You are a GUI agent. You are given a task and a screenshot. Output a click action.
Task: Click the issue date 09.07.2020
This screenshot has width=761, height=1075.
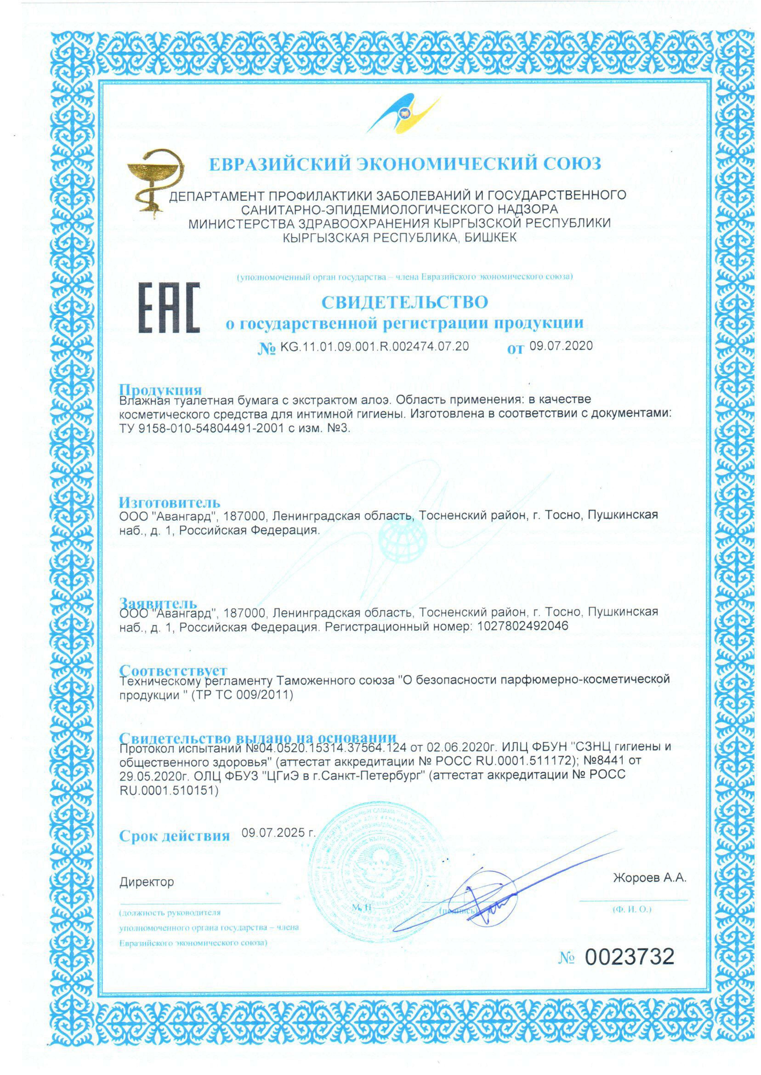tap(561, 346)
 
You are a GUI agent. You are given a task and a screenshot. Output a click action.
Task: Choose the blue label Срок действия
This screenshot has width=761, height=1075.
tap(174, 836)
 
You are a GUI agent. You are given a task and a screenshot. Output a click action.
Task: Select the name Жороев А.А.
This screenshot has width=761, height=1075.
tap(650, 878)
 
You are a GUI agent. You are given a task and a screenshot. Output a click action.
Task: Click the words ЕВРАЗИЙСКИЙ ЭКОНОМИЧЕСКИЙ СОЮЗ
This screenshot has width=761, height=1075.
tap(405, 164)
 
